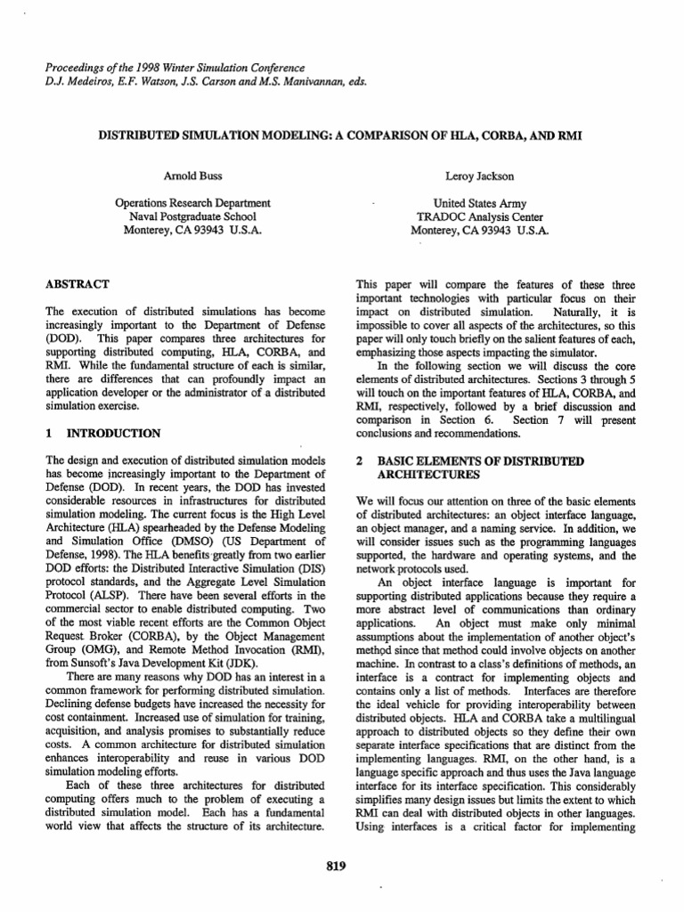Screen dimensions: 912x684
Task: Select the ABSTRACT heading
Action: [77, 284]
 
